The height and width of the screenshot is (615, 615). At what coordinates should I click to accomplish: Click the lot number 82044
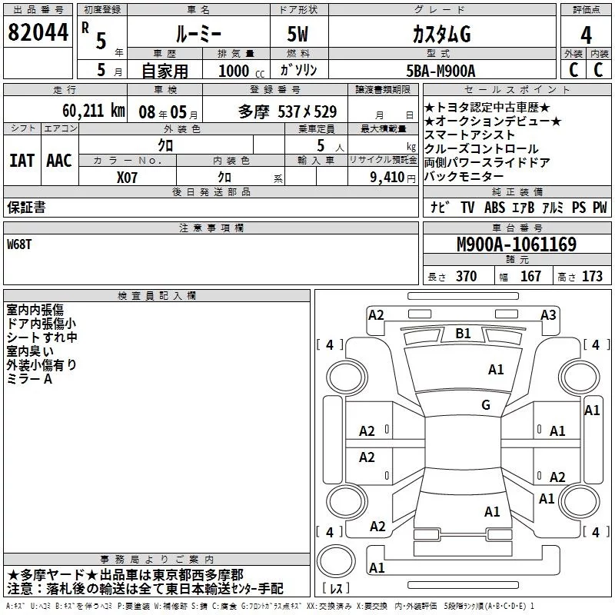point(38,32)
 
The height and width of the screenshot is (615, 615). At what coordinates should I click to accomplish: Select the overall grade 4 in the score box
point(586,35)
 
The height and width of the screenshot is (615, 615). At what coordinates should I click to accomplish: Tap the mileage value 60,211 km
point(94,111)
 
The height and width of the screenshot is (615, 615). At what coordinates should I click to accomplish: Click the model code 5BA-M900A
point(440,71)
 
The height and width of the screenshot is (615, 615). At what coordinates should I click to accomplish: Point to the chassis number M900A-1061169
point(517,244)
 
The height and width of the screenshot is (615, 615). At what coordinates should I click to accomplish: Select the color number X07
point(127,178)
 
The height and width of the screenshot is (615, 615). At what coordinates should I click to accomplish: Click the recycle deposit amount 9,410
point(387,178)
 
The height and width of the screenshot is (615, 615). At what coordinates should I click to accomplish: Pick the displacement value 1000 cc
point(241,71)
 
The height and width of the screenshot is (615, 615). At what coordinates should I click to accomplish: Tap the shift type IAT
point(22,161)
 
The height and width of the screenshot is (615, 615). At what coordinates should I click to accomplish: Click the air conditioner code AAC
point(59,161)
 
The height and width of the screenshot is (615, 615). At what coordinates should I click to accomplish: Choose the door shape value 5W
point(298,34)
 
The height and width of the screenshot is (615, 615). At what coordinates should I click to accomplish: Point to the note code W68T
point(19,244)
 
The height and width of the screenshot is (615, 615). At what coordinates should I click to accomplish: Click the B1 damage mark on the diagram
point(464,334)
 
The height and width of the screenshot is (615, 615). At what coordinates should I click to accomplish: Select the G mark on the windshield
point(486,405)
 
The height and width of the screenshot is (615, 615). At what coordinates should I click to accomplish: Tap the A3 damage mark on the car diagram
point(548,315)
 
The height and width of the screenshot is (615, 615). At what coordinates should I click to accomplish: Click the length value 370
point(467,276)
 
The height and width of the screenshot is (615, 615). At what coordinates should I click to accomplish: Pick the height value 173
point(592,276)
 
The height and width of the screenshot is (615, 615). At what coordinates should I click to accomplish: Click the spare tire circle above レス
point(336,561)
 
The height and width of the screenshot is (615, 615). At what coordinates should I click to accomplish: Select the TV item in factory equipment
point(467,207)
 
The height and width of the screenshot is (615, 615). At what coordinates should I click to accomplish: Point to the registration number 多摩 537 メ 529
point(288,111)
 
